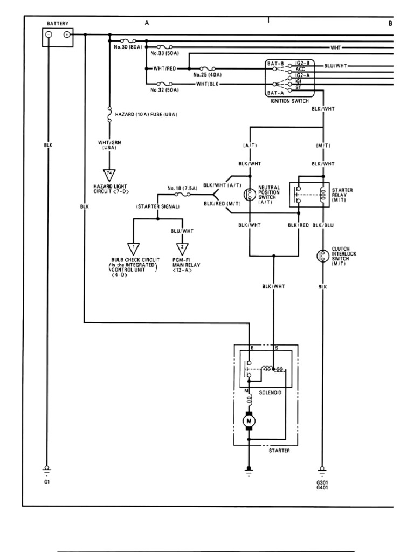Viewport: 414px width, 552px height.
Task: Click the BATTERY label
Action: (58, 23)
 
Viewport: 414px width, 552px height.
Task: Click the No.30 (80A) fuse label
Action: (129, 47)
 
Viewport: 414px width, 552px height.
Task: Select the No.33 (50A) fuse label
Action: (165, 54)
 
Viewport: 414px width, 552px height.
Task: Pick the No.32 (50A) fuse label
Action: (165, 91)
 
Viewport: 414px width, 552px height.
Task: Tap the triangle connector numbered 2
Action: (183, 247)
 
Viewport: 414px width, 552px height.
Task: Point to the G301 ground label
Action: (322, 482)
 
